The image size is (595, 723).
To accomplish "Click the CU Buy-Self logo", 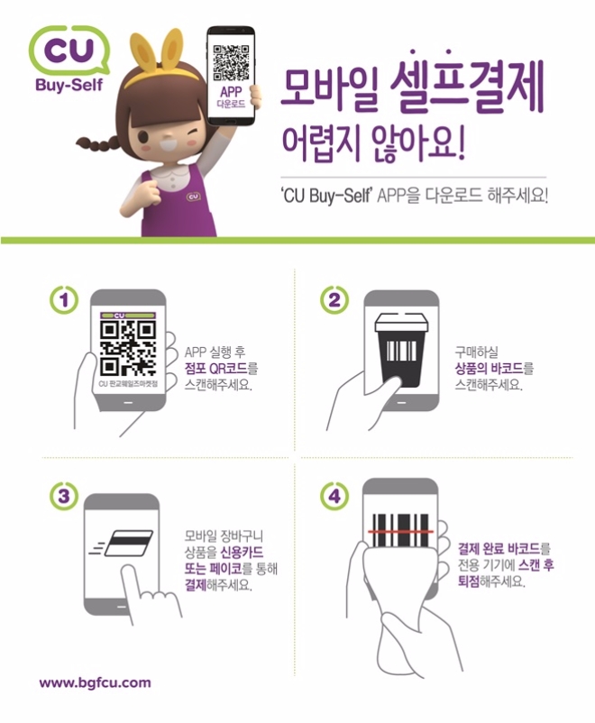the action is tap(69, 58).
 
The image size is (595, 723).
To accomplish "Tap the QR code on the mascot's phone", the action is tap(231, 62).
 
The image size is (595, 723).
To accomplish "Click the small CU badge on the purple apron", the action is tap(194, 197).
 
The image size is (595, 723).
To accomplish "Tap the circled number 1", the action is tap(64, 300).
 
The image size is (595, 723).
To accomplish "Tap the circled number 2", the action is tap(334, 299).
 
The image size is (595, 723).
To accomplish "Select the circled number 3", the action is tap(64, 497).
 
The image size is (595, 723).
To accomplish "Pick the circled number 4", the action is tap(334, 496).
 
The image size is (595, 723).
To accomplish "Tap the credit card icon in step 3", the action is tap(129, 544).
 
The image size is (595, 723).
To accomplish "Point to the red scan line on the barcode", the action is tap(400, 532).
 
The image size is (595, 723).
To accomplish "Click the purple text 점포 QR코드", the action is tap(215, 369).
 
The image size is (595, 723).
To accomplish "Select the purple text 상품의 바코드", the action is tap(489, 369).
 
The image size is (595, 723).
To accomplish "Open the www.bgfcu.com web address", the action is tap(95, 683).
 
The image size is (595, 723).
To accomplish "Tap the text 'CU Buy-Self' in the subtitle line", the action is tap(325, 196).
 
